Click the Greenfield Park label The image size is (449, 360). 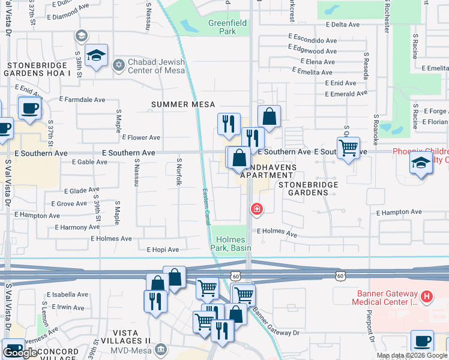click(222, 27)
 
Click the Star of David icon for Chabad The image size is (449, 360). click(118, 64)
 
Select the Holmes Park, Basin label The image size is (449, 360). click(232, 243)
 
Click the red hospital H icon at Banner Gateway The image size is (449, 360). click(426, 296)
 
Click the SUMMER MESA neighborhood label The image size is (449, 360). click(182, 104)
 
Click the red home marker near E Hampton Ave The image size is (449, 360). click(256, 209)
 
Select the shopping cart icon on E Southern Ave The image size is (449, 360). click(348, 146)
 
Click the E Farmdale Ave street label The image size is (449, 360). click(82, 100)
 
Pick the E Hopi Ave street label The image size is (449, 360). click(163, 250)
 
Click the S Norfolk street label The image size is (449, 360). click(178, 171)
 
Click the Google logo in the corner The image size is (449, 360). click(20, 353)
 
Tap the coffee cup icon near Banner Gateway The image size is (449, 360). click(421, 341)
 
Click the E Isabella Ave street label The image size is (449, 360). click(67, 295)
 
